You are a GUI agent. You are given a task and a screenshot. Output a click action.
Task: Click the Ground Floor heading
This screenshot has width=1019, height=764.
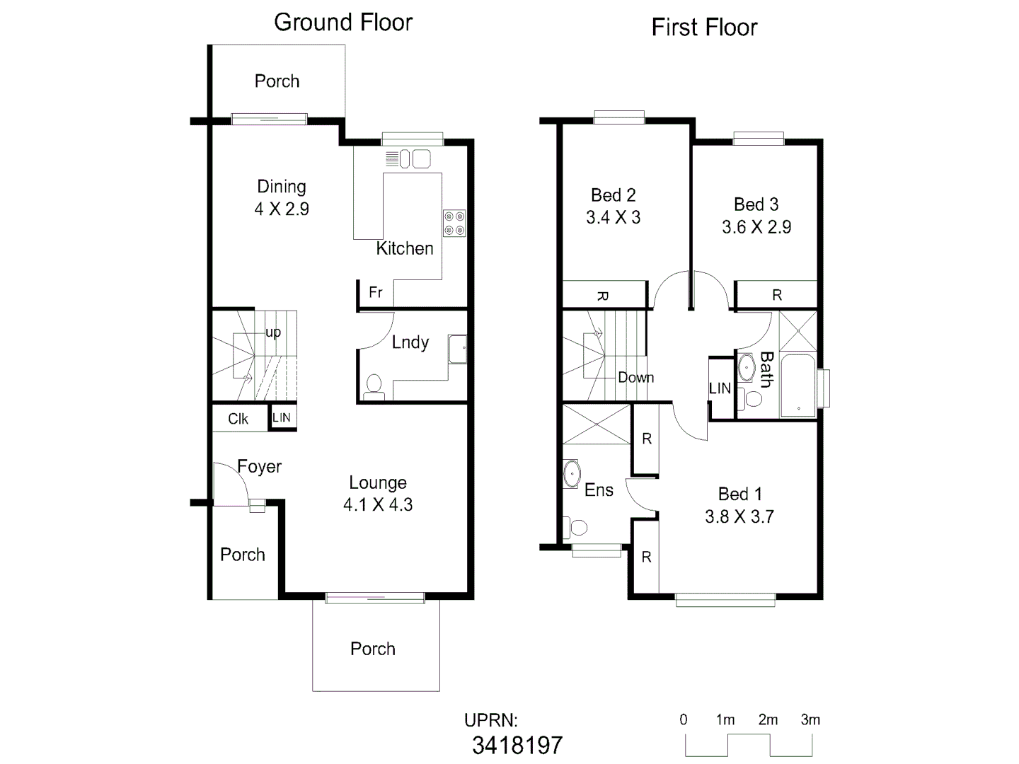pos(343,23)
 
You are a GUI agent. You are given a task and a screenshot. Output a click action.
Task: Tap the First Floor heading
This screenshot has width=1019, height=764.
pos(704,28)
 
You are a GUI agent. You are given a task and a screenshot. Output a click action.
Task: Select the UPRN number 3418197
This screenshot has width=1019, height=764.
pos(517,745)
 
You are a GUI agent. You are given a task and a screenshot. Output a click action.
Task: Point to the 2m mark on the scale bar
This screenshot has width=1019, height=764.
pos(768,720)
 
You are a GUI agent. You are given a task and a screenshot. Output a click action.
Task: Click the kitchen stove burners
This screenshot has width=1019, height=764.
pos(454,223)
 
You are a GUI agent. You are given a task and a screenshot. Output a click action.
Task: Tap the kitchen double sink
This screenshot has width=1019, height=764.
pos(415,158)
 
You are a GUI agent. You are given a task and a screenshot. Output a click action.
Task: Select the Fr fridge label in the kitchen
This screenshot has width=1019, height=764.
pos(376,292)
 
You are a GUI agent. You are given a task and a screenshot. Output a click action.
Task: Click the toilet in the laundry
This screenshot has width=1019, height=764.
pos(374,386)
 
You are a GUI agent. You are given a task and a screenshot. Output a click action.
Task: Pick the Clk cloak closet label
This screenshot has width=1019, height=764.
pos(238,419)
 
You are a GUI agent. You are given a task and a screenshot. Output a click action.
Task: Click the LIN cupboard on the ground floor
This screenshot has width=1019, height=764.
pos(282,417)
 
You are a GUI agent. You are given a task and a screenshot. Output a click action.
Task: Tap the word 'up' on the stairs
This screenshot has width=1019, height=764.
pos(273,332)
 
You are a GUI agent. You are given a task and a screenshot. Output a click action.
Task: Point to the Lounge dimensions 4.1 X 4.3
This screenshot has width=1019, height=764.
pos(378,505)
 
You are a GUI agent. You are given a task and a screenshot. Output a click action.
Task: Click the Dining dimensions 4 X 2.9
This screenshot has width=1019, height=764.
pos(282,209)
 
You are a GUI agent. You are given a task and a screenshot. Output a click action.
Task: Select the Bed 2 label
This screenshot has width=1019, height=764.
pos(613,195)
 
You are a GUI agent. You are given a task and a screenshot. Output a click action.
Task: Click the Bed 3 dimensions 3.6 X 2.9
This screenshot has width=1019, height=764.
pos(756,227)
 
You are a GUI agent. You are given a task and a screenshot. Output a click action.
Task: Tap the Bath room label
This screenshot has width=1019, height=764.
pos(766,369)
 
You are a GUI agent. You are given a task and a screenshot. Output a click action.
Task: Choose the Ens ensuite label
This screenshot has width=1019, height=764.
pos(599,490)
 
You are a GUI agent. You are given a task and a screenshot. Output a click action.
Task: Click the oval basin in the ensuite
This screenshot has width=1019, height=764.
pos(572,473)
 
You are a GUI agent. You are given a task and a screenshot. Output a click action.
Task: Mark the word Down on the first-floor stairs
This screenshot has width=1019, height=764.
pos(635,378)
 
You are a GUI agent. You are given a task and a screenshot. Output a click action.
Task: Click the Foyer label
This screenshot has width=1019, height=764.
pos(259,467)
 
